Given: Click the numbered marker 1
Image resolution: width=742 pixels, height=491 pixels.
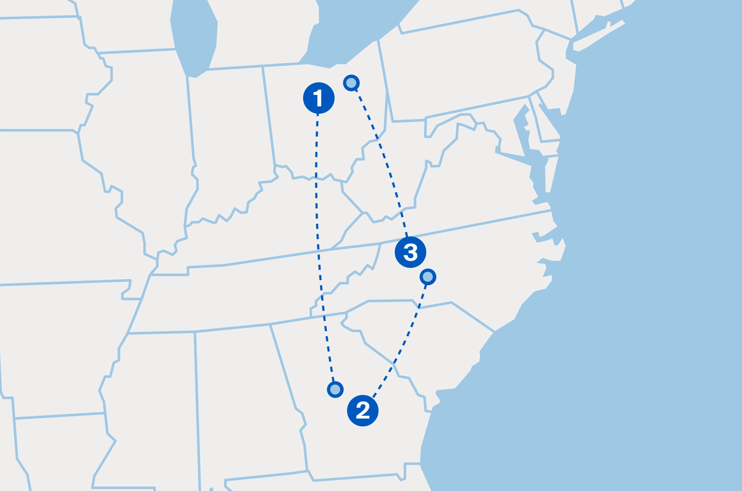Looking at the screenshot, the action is pyautogui.click(x=319, y=98).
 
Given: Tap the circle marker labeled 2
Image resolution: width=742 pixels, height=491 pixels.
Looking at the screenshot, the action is pyautogui.click(x=362, y=410).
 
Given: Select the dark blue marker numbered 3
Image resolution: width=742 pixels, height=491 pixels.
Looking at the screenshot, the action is pyautogui.click(x=410, y=252).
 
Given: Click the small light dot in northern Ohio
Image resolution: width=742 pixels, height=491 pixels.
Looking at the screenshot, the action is pyautogui.click(x=351, y=83).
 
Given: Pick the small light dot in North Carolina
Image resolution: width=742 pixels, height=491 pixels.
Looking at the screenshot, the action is pyautogui.click(x=428, y=277).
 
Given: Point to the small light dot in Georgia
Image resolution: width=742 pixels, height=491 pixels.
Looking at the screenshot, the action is pyautogui.click(x=335, y=389).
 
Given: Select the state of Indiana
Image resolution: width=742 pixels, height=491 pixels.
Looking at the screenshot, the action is pyautogui.click(x=229, y=135).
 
